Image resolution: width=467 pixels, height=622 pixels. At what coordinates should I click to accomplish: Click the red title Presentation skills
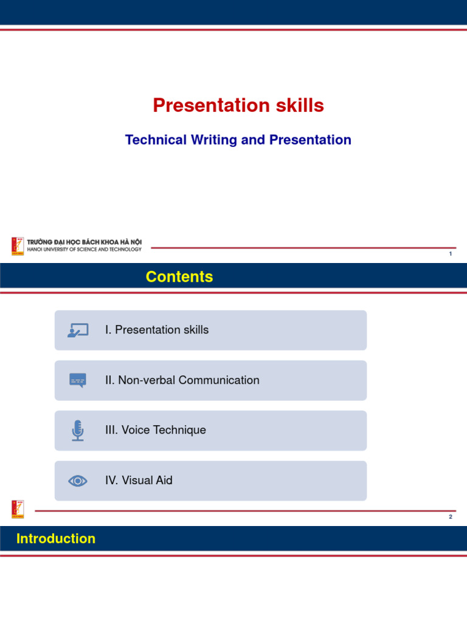[238, 106]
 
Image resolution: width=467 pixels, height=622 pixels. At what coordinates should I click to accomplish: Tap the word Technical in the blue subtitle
[156, 140]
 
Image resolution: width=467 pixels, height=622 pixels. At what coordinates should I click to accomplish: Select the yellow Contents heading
[179, 276]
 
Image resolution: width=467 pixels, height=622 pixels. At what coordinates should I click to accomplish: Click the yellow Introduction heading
[56, 538]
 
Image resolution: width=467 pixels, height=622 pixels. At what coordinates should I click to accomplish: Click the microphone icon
[78, 431]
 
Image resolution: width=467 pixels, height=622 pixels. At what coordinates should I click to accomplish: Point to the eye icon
[78, 481]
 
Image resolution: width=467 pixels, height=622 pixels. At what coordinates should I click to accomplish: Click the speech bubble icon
[78, 380]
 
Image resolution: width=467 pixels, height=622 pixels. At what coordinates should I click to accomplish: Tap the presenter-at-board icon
[78, 330]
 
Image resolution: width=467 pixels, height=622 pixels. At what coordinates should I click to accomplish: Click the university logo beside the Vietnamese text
[18, 247]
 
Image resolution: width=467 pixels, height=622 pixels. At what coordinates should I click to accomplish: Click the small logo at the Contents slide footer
[18, 510]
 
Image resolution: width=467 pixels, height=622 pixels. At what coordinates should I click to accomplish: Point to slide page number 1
[451, 253]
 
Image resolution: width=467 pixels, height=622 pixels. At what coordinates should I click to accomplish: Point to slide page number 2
[451, 516]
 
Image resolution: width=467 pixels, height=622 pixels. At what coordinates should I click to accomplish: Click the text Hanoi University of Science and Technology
[84, 250]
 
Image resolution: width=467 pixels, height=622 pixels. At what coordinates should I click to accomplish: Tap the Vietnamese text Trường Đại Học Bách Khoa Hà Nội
[84, 242]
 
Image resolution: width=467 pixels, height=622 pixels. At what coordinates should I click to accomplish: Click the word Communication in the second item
[219, 380]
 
